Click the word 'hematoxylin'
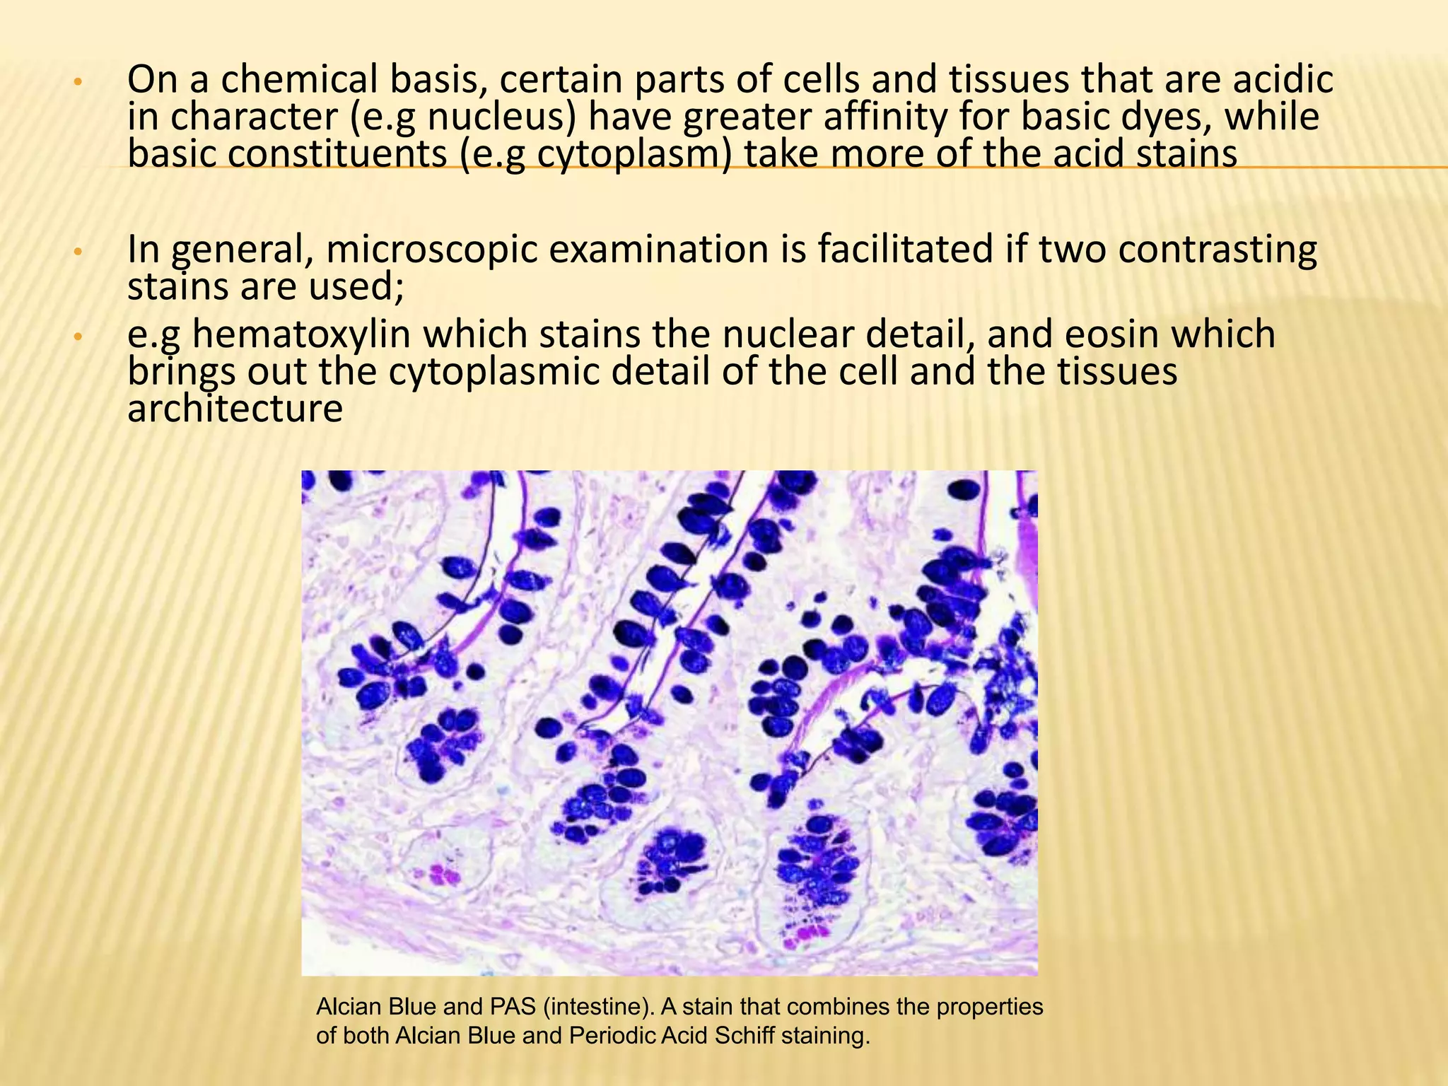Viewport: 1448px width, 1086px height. click(x=300, y=334)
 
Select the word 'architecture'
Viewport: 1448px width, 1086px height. click(x=235, y=409)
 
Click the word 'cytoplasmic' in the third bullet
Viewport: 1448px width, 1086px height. click(x=494, y=372)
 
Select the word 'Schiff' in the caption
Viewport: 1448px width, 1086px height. click(x=735, y=1036)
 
